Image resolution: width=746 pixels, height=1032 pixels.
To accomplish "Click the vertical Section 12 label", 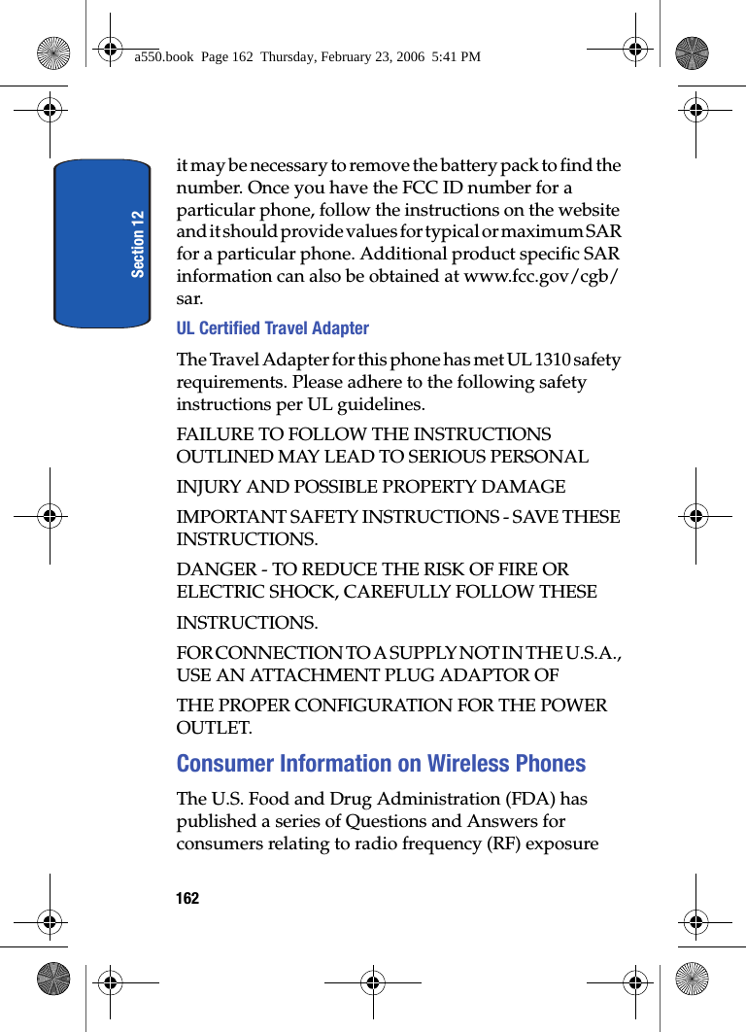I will [x=138, y=244].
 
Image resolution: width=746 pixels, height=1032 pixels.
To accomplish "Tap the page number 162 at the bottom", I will [x=187, y=898].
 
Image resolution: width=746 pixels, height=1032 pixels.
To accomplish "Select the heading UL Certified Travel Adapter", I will [x=272, y=328].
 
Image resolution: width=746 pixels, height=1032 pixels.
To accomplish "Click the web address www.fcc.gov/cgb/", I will [x=543, y=277].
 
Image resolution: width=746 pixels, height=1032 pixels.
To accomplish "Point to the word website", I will [x=586, y=210].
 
